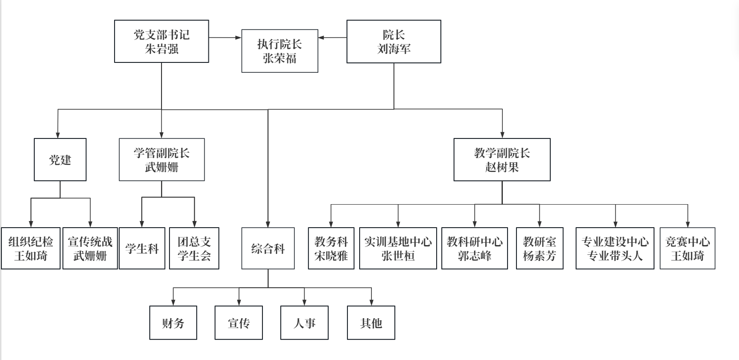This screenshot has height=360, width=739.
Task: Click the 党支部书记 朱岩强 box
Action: [162, 41]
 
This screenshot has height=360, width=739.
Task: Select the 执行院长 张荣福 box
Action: [280, 51]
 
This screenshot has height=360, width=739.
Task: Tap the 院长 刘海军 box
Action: [393, 41]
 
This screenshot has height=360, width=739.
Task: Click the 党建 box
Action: [60, 160]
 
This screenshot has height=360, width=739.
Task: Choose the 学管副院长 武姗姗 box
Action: [162, 160]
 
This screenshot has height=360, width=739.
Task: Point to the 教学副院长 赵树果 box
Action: [502, 160]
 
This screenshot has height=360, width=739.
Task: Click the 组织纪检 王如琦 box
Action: [31, 248]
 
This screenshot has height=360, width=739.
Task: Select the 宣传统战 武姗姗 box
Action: [90, 248]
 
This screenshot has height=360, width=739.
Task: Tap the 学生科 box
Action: [142, 248]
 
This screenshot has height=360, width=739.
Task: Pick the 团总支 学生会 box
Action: [194, 248]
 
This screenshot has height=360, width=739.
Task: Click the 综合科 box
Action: [268, 248]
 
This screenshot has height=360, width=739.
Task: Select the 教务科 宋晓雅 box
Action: [331, 248]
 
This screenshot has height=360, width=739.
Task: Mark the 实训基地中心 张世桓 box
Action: [398, 248]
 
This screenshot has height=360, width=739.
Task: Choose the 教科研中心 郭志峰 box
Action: [475, 248]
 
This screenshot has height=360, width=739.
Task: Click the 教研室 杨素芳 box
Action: [539, 248]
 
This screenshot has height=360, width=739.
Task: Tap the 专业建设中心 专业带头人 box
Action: [615, 248]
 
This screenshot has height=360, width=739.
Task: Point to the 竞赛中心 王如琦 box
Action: [687, 248]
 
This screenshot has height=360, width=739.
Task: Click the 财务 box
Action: [173, 323]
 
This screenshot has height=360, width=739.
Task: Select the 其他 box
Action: [371, 323]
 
